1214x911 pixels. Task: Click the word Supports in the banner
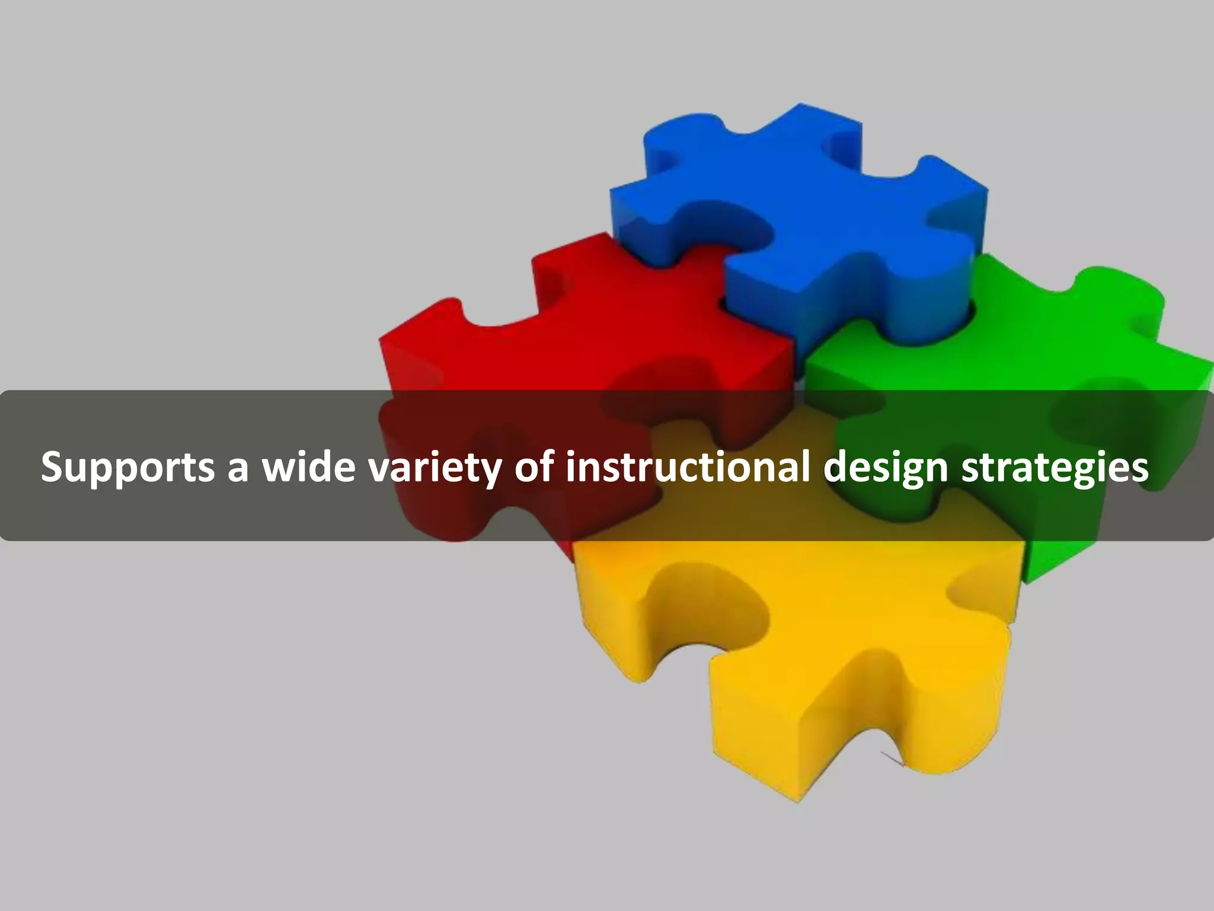point(127,467)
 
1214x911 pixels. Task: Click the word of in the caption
point(533,466)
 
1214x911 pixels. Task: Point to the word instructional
point(688,466)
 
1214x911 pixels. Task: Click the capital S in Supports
point(53,466)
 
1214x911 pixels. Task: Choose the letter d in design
point(837,466)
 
